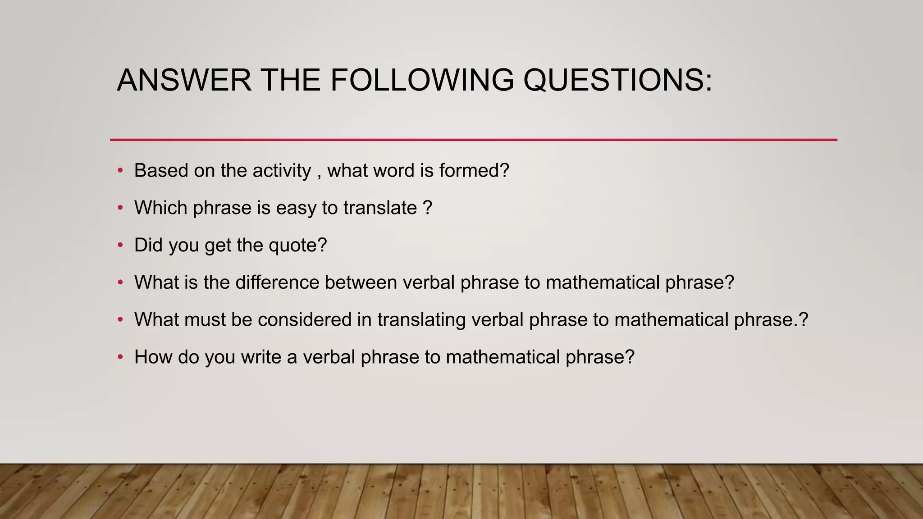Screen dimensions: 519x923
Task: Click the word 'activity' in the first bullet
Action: pos(282,171)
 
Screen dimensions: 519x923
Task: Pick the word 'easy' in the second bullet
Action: pos(296,208)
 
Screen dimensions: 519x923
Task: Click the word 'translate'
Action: pos(380,208)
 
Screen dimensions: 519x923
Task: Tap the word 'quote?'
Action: pos(297,246)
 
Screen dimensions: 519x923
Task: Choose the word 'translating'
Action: pos(422,320)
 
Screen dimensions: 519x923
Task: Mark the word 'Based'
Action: pos(161,171)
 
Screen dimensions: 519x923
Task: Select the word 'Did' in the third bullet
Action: pos(148,246)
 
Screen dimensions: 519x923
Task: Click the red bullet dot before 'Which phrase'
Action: pos(120,208)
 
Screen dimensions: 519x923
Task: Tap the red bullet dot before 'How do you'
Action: pos(120,357)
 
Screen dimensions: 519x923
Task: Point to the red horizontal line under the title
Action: pos(473,140)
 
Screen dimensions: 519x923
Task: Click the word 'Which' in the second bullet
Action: pos(160,208)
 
